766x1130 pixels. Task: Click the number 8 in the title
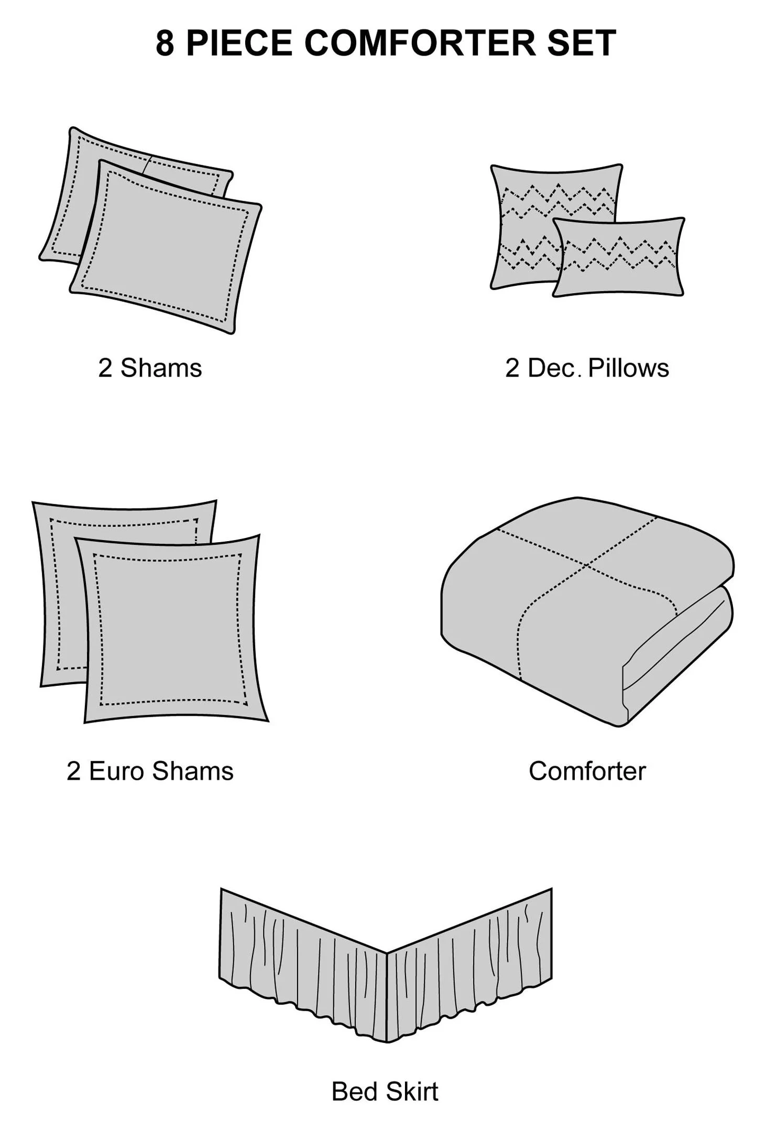(165, 43)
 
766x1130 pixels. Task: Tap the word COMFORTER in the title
(420, 43)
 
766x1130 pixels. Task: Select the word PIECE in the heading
(239, 43)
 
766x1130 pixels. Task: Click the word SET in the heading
(582, 43)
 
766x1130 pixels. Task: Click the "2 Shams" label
(150, 368)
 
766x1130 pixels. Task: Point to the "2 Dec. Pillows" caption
(587, 368)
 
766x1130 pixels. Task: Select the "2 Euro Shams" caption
(150, 771)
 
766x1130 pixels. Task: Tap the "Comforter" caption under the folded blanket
(587, 771)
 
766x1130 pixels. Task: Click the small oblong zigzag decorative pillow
(619, 257)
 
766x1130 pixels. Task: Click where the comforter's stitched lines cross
(586, 565)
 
